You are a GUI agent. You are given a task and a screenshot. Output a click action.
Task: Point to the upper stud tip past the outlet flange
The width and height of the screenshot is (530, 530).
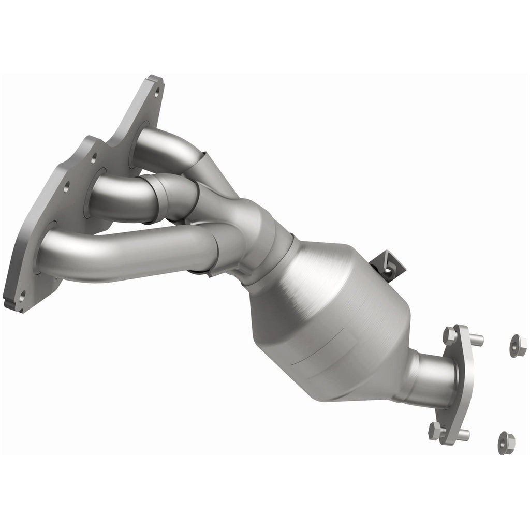(478, 341)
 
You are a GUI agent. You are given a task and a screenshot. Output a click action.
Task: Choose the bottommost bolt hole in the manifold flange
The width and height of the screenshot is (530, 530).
(21, 297)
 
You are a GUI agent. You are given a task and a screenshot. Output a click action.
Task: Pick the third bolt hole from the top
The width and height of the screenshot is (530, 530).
(66, 187)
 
